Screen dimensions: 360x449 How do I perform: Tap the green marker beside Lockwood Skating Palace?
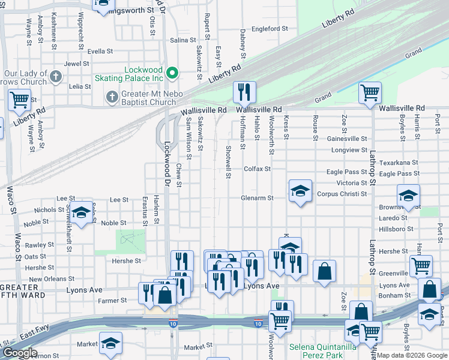pyautogui.click(x=172, y=74)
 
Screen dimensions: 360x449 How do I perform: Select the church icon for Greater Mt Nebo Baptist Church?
pyautogui.click(x=112, y=97)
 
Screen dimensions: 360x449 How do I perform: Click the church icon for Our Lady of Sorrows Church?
pyautogui.click(x=56, y=77)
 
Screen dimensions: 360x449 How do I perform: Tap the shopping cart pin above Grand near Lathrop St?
pyautogui.click(x=370, y=93)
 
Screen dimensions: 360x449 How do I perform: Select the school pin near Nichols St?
pyautogui.click(x=82, y=212)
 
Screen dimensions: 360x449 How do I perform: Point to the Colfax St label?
pyautogui.click(x=257, y=169)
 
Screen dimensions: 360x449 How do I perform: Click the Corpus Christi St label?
pyautogui.click(x=342, y=194)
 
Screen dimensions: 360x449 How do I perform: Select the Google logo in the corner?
pyautogui.click(x=19, y=353)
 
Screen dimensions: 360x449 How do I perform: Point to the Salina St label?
pyautogui.click(x=183, y=40)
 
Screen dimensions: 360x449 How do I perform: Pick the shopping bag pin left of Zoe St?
pyautogui.click(x=324, y=271)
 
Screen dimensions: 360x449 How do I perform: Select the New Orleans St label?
pyautogui.click(x=51, y=279)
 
